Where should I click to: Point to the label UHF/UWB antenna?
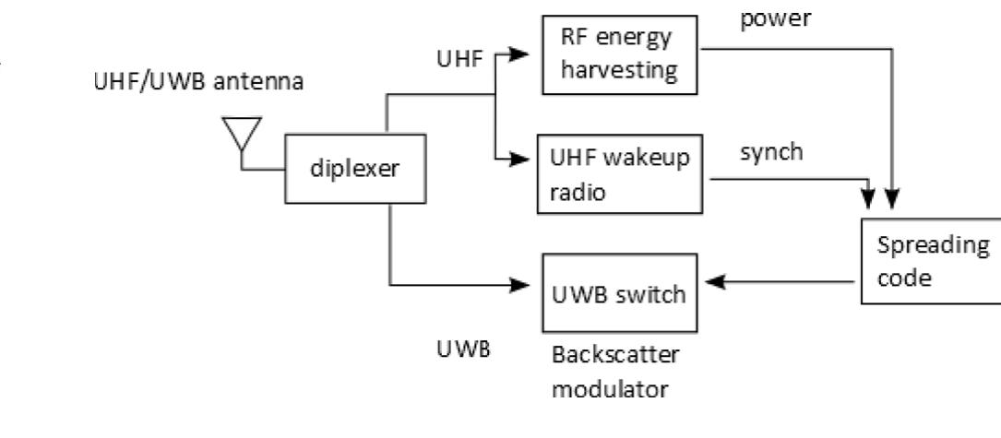pos(198,82)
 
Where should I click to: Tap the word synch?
pos(771,152)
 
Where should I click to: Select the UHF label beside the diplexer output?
pos(459,59)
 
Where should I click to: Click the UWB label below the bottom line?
pos(463,349)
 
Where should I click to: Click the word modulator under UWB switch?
pos(610,388)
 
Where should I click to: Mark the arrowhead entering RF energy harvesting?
pos(519,54)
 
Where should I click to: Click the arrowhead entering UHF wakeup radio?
pos(519,160)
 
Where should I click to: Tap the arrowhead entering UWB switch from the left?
pos(520,285)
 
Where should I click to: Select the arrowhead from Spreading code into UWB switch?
pos(714,281)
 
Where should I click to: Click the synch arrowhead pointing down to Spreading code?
pos(867,199)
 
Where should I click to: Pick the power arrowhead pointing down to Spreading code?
pos(892,199)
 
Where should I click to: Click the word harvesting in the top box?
pos(619,69)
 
